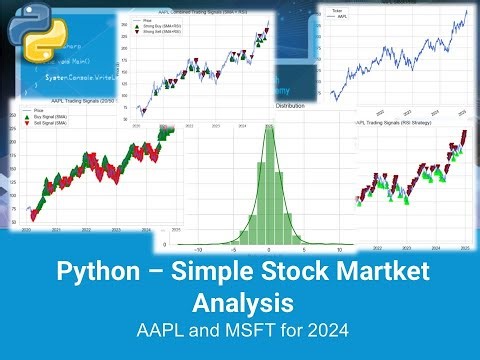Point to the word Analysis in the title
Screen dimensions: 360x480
(x=240, y=301)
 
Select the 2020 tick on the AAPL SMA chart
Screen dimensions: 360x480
(x=29, y=230)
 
